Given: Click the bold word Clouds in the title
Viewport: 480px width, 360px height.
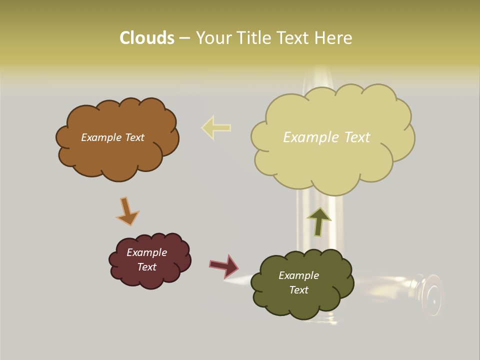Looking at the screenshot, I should click(147, 38).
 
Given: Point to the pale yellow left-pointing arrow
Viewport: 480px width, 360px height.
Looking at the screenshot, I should click(216, 127).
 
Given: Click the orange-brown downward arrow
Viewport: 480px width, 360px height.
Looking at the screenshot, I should click(127, 211).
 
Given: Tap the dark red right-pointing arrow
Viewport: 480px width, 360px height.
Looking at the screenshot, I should click(224, 265).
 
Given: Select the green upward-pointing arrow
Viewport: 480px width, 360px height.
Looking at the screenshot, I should click(318, 220).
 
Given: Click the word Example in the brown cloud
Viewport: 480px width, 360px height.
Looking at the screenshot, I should click(101, 137).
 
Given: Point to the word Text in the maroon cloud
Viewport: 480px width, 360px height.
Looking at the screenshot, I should click(147, 267).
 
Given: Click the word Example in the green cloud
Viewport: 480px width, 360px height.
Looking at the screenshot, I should click(298, 275).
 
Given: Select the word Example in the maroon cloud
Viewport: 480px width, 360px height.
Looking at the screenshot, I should click(147, 252).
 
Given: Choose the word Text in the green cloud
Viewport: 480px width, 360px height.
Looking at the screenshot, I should click(298, 290).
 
